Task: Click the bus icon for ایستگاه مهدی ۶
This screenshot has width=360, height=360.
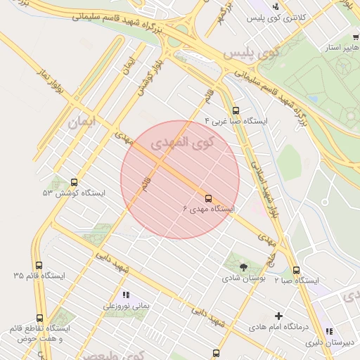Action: click(x=208, y=198)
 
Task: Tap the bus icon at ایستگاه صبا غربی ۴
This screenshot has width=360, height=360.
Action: click(x=236, y=110)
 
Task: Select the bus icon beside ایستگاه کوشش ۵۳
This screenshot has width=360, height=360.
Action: click(x=75, y=181)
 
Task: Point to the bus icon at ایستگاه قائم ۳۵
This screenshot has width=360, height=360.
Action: click(x=39, y=266)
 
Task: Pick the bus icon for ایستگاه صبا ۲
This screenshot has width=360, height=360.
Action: click(x=296, y=270)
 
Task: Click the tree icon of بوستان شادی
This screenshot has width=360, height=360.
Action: click(x=243, y=267)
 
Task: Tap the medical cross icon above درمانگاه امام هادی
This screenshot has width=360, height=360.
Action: click(x=279, y=316)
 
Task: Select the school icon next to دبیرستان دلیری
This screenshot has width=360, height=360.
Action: click(x=328, y=332)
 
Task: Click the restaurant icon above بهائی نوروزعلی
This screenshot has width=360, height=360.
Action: click(x=127, y=295)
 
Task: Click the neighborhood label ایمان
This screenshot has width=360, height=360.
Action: click(x=82, y=122)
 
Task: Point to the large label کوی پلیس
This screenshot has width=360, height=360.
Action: click(x=252, y=52)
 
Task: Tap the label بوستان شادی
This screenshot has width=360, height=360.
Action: click(x=243, y=279)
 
